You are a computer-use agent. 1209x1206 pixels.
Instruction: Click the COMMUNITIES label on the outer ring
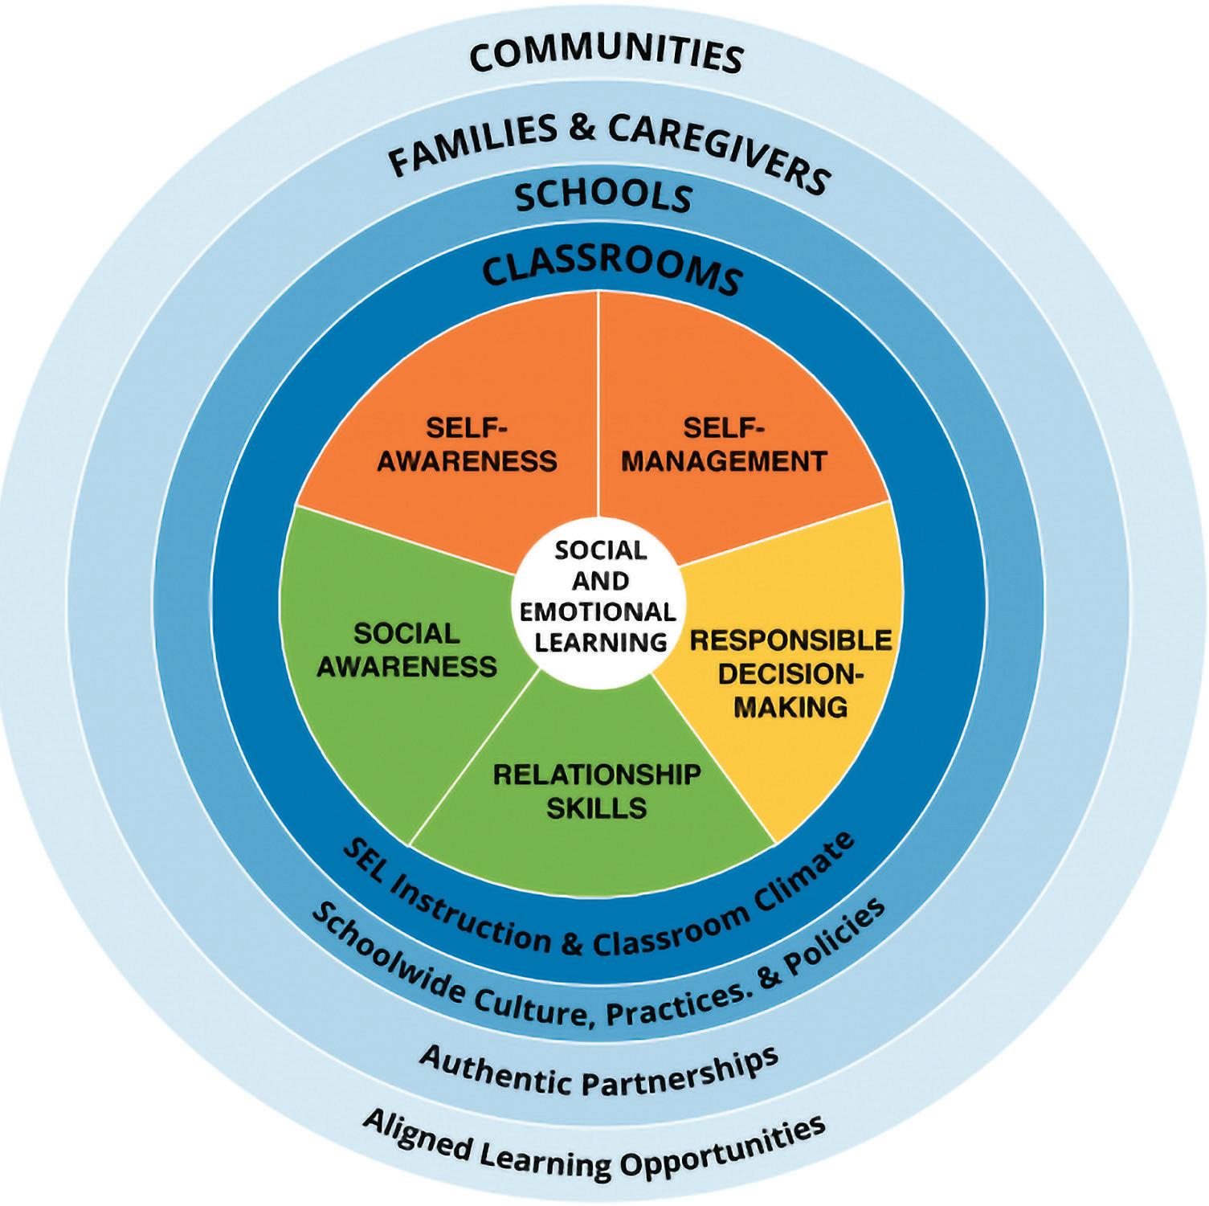point(604,57)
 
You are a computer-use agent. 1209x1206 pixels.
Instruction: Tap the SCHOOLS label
point(603,195)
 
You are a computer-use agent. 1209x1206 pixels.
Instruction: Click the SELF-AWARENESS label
point(467,444)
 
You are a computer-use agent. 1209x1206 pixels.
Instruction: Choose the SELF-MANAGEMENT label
point(724,444)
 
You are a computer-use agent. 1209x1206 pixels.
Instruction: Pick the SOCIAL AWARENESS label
point(407,650)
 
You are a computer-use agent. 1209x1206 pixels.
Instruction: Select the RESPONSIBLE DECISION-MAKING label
point(791,673)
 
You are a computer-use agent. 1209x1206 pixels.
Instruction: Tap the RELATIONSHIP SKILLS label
point(596,791)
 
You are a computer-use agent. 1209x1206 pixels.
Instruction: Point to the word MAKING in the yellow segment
point(791,707)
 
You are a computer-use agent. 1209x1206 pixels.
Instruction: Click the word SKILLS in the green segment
point(596,807)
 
